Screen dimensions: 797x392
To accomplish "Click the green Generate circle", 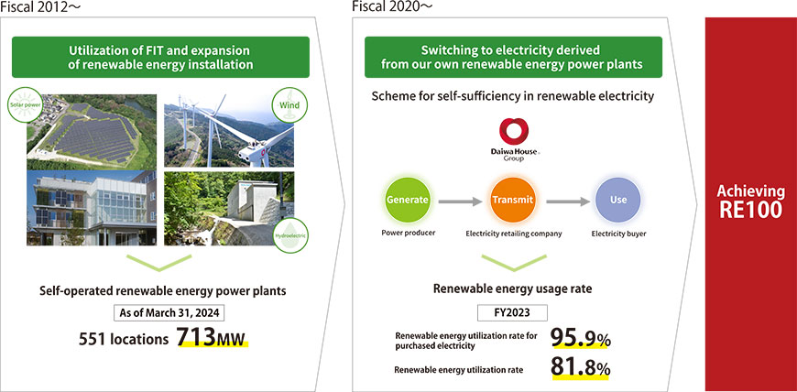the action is (408, 201).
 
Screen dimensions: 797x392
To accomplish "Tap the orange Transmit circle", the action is (513, 201).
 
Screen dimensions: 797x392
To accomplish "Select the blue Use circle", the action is (618, 201).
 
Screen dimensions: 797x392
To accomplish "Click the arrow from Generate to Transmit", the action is (460, 201).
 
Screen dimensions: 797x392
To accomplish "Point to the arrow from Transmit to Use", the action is (568, 201).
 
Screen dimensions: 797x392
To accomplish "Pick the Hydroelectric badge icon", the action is (290, 235).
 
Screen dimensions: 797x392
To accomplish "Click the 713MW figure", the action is (212, 338).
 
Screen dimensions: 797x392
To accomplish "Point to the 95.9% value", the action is (581, 338).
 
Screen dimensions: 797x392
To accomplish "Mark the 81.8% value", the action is (581, 368).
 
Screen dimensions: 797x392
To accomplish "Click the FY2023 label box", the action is (512, 312).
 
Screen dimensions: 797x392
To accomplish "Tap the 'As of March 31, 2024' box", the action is (169, 312).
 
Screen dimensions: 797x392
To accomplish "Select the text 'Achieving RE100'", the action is (751, 201).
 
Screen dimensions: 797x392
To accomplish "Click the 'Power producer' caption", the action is (408, 234).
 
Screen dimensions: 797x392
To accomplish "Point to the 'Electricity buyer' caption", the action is (618, 234).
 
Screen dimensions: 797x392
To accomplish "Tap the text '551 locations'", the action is (123, 339).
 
